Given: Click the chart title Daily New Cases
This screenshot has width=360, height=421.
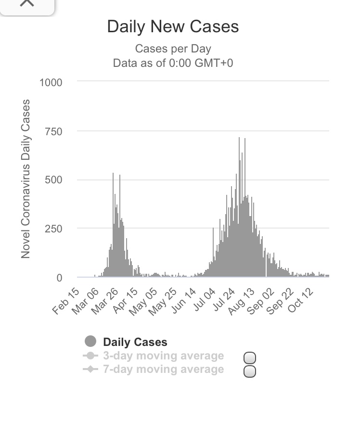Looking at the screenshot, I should click(x=173, y=27).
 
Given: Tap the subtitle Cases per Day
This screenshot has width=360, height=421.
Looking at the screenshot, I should click(x=173, y=49).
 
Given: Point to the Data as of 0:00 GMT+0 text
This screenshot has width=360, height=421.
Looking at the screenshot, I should click(x=173, y=63).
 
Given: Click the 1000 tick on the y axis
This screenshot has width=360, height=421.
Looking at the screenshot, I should click(x=51, y=83).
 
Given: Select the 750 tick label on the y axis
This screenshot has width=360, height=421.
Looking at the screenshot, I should click(x=54, y=131).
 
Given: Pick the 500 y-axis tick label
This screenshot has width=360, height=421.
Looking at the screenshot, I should click(x=54, y=180).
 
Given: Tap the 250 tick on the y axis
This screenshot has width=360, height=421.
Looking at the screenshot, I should click(x=54, y=229).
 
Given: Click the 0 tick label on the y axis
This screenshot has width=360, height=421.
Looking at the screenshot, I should click(x=60, y=278).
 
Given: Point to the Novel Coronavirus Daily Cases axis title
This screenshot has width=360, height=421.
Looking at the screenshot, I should click(x=26, y=179).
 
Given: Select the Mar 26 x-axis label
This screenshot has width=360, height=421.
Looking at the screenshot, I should click(x=104, y=301).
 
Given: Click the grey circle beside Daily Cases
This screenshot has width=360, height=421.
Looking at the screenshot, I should click(x=90, y=342).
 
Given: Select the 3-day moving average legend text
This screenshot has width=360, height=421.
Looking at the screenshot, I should click(x=163, y=356).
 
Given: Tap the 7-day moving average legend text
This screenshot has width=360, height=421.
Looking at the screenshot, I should click(x=163, y=370).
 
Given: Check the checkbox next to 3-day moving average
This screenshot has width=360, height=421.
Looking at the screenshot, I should click(x=250, y=358).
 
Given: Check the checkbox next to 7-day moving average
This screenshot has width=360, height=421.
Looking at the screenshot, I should click(x=250, y=371).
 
